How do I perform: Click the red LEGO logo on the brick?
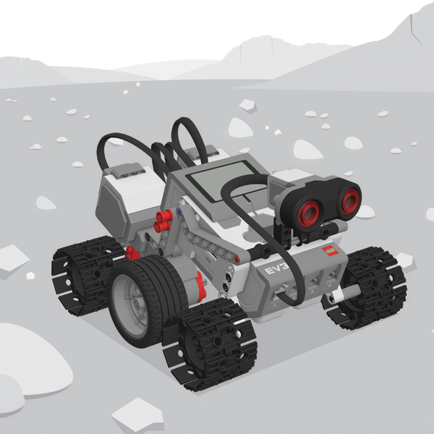coord(330,250)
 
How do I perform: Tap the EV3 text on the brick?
coord(277,269)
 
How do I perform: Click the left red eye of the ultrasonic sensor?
coord(309,213)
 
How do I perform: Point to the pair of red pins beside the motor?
coord(163,221)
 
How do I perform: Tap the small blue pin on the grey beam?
coord(179,213)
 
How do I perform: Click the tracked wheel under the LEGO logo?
coord(365,288)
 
